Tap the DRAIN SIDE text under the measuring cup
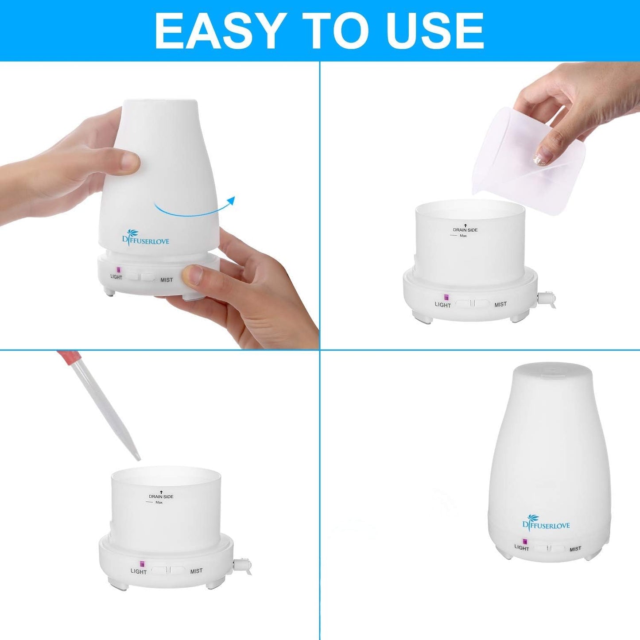[465, 230]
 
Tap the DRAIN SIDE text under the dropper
[161, 496]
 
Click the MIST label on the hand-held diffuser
[167, 280]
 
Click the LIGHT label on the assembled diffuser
[522, 548]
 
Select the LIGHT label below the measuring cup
[442, 305]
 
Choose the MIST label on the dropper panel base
[196, 571]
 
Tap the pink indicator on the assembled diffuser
[525, 541]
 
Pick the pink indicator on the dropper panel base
[143, 564]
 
